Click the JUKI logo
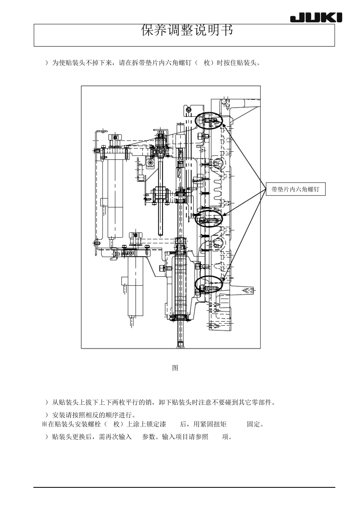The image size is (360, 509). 316,18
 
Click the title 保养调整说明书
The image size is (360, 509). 187,31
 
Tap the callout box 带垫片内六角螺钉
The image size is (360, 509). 295,189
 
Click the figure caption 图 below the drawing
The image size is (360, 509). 175,368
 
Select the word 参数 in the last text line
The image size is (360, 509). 148,437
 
